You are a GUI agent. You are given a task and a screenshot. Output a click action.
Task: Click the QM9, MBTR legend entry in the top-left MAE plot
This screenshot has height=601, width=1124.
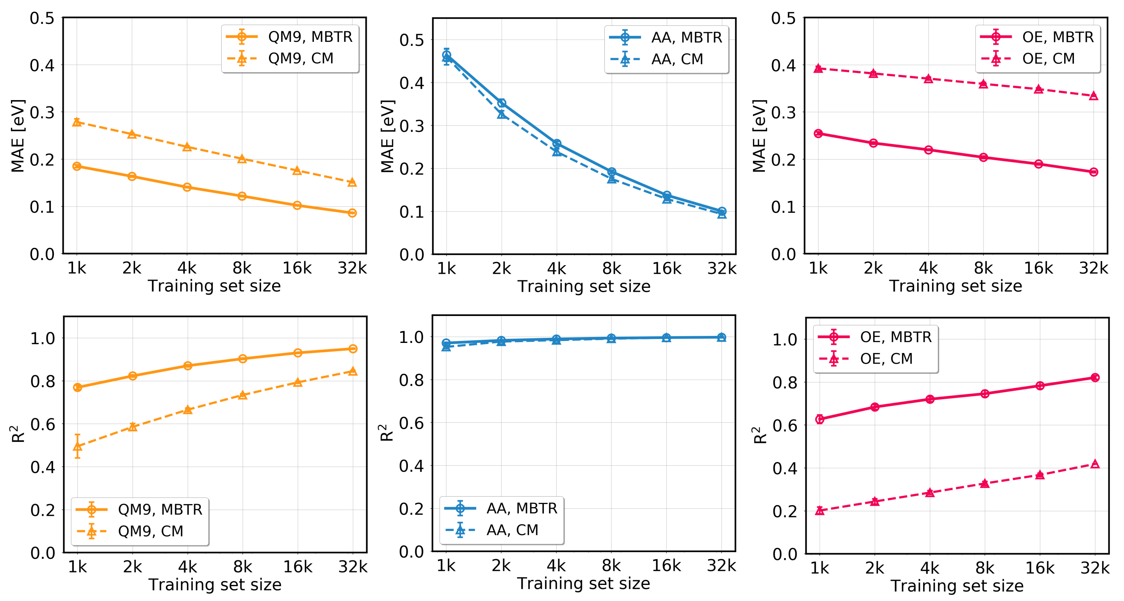(x=310, y=37)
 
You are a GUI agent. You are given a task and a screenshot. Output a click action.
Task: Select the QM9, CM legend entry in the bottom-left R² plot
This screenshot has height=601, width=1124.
(x=151, y=531)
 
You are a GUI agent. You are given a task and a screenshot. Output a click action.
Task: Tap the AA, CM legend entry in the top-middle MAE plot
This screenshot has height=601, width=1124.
(x=677, y=59)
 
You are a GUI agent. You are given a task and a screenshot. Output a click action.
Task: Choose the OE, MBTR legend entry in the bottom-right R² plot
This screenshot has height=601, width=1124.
(x=895, y=337)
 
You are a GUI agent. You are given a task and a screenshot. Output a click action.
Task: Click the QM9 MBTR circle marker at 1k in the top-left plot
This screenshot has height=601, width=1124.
(x=77, y=166)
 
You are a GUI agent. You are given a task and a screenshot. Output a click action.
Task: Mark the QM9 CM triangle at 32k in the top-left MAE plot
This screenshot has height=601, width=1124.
(x=352, y=183)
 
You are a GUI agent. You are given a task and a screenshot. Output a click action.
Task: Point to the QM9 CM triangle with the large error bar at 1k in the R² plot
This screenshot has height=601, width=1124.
(x=78, y=447)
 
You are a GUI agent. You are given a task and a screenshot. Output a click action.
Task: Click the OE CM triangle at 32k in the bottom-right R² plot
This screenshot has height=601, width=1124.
(x=1095, y=465)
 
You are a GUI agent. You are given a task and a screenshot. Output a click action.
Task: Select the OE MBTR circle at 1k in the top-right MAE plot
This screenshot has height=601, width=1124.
(x=819, y=134)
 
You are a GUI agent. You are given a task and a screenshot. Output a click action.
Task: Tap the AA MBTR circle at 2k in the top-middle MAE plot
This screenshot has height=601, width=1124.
(x=502, y=103)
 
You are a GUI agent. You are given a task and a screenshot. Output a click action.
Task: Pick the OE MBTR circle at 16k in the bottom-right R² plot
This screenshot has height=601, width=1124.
(x=1040, y=386)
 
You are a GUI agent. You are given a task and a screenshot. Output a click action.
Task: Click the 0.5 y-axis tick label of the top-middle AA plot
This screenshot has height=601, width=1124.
(x=411, y=40)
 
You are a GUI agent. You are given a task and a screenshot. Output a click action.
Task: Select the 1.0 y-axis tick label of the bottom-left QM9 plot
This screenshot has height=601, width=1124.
(x=42, y=338)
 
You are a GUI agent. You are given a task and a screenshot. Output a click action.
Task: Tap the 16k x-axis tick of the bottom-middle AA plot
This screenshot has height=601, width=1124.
(x=666, y=566)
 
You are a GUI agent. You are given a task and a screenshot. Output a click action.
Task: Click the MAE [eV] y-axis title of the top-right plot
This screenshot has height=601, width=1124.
(x=760, y=136)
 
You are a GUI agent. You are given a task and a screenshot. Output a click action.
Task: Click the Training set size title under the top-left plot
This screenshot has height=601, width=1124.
(x=214, y=286)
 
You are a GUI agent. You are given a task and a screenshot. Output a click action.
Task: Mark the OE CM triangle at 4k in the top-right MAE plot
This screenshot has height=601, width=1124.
(x=929, y=79)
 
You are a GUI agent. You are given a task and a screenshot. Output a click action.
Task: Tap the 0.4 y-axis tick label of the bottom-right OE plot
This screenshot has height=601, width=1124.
(x=785, y=468)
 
